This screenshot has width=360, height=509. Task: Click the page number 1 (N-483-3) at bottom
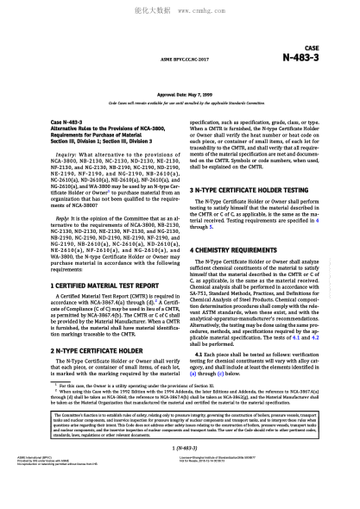pos(180,474)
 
